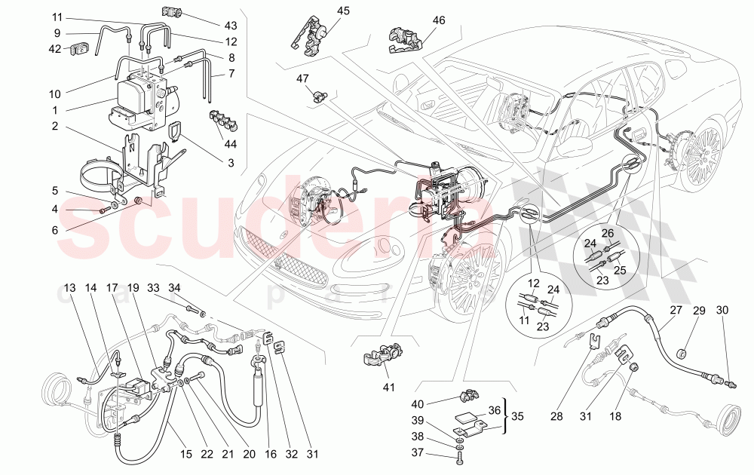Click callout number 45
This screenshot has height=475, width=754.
click(x=343, y=11)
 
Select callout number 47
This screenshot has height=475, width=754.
click(x=302, y=78)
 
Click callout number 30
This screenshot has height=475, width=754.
click(x=722, y=311)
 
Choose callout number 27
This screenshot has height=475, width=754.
click(x=675, y=310)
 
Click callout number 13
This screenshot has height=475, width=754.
click(x=70, y=288)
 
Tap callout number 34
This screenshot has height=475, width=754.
click(x=174, y=287)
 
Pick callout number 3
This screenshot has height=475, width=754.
click(x=231, y=162)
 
